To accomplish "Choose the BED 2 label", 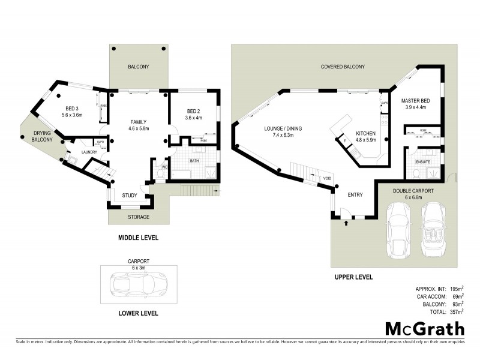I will tap(193, 111).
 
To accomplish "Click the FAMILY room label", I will tap(139, 122).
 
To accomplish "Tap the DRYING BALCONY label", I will tap(43, 136).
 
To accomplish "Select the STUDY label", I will tap(130, 195).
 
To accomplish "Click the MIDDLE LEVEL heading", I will tap(138, 238).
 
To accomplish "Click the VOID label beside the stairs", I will tap(327, 178).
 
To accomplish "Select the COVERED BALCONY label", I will tap(343, 67).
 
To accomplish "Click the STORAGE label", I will tap(139, 217).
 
